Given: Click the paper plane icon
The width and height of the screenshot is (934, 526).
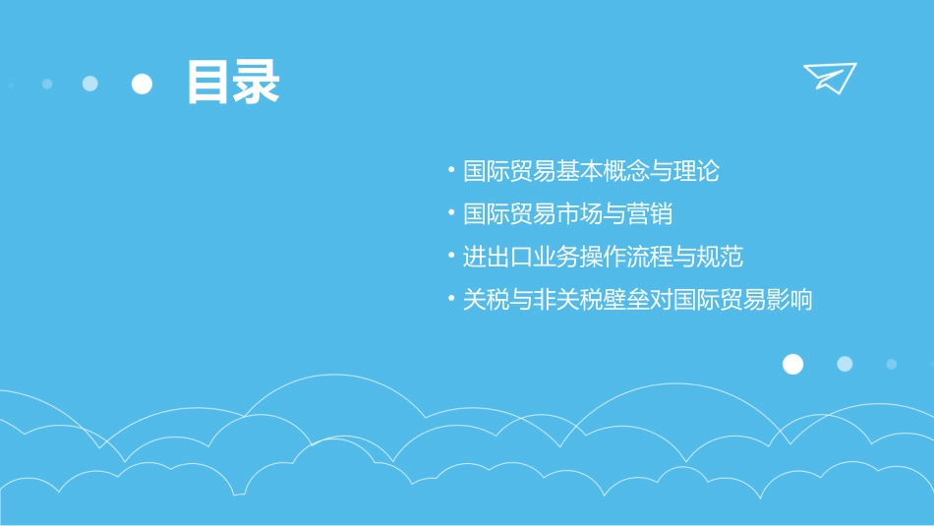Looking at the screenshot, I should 829,78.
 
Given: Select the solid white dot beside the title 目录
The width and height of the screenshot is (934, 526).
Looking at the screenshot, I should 143,85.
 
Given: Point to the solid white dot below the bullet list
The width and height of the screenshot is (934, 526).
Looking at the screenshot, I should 792,365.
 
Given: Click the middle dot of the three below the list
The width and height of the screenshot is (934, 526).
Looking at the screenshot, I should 845,365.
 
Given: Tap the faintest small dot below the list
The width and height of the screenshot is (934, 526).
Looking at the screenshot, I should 892,365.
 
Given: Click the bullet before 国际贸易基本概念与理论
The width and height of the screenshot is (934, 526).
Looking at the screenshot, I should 450,171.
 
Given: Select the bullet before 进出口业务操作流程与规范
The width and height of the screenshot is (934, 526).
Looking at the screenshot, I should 450,258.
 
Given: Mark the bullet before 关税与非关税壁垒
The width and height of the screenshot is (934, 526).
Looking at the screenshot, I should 450,300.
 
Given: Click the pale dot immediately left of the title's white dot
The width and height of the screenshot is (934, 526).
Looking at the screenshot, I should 90,85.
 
